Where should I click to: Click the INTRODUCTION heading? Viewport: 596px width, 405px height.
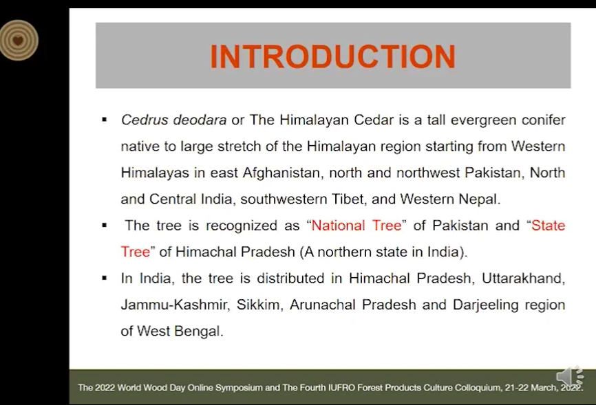[332, 56]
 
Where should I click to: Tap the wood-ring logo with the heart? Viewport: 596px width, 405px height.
[18, 41]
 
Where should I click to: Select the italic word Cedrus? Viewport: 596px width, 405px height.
[145, 120]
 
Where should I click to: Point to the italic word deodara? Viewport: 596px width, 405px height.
[200, 120]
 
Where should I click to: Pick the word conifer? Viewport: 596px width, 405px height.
[544, 120]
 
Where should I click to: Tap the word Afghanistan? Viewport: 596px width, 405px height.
[283, 173]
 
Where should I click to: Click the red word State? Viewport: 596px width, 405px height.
[548, 226]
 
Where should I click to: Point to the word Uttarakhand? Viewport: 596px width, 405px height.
[524, 278]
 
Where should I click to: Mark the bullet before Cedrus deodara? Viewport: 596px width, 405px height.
[105, 120]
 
